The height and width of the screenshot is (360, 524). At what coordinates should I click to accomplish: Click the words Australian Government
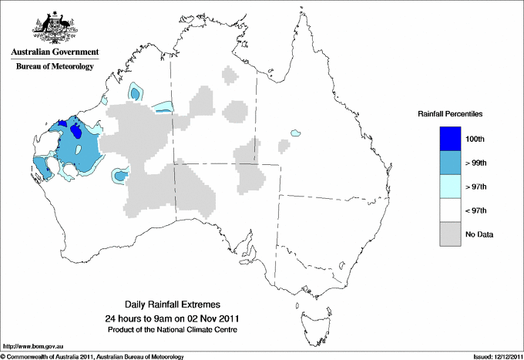coord(54,52)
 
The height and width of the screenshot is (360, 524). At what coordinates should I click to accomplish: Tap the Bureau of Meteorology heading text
coord(54,66)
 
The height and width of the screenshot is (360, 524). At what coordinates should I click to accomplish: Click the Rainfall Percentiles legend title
coord(450,113)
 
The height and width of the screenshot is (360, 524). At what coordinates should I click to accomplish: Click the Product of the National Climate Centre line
coord(173,330)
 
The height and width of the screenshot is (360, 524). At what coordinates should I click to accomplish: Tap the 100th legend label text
coord(475,139)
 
